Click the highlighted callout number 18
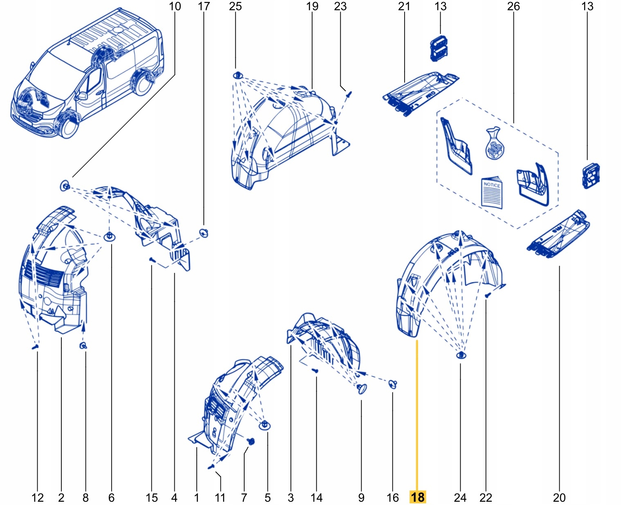tap(418, 497)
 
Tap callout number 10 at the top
tap(175, 7)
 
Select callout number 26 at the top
tap(513, 7)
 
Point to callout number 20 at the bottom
tap(559, 498)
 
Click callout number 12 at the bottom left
tap(37, 498)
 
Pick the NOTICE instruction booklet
tap(492, 193)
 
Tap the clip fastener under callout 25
tap(238, 76)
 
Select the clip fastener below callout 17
tap(204, 233)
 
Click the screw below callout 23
tap(349, 95)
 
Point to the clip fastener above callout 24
tap(461, 355)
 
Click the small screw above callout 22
tap(487, 295)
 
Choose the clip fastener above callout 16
tap(393, 384)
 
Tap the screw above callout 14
tap(315, 370)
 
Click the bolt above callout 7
tap(251, 441)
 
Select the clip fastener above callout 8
tap(83, 346)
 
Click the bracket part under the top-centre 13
tap(439, 48)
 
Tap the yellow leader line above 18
tap(417, 413)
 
